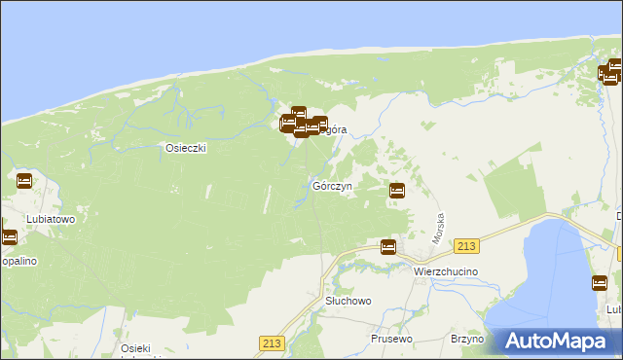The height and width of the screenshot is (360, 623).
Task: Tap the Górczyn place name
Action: [332, 185]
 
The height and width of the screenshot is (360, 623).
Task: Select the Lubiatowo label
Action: [52, 219]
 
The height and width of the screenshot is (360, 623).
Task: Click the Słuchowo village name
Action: [348, 301]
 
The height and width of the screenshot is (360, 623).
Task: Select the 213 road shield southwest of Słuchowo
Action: [272, 342]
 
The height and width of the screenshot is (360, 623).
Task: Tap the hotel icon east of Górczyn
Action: [397, 191]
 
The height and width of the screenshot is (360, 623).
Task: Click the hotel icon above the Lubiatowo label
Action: [24, 181]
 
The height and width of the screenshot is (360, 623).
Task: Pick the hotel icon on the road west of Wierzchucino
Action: [387, 247]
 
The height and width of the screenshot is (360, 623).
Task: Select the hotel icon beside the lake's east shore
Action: [600, 283]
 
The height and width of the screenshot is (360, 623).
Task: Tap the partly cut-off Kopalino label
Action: [19, 262]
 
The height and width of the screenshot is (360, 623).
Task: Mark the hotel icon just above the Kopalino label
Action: [9, 236]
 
